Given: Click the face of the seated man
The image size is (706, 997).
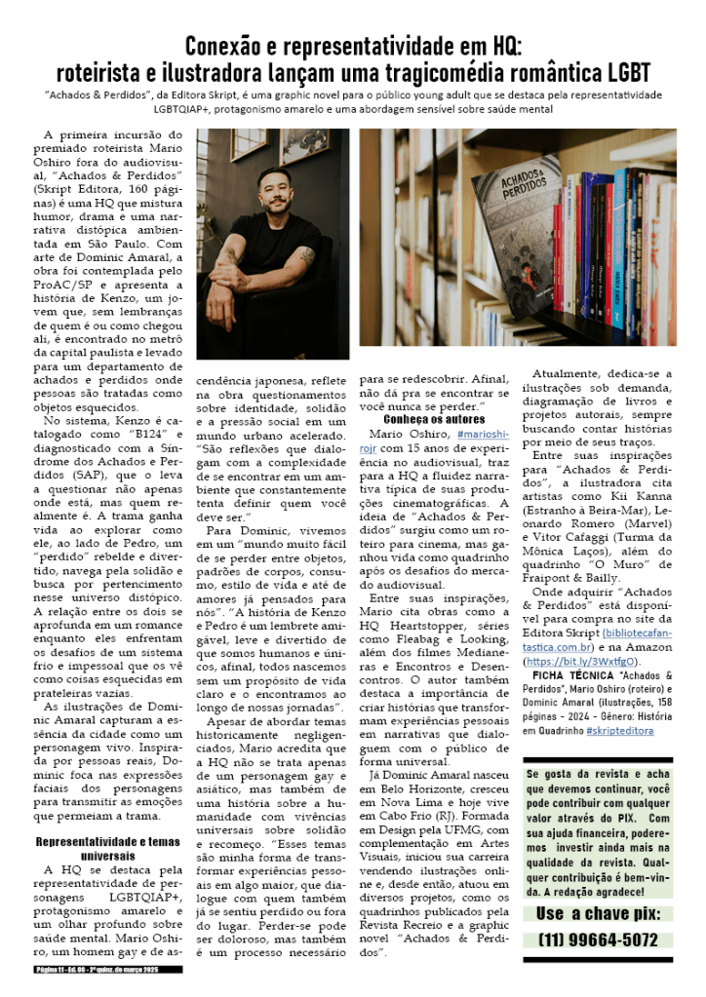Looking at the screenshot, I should coord(275,190).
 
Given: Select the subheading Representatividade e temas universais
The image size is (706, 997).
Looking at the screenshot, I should coord(109,847).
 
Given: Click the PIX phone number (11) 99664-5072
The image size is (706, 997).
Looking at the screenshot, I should coord(598,939).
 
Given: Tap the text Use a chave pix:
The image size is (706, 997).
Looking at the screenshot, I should coord(598,913).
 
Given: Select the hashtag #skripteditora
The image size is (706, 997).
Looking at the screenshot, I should coord(619,729).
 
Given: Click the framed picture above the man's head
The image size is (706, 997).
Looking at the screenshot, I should coord(305,144).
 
